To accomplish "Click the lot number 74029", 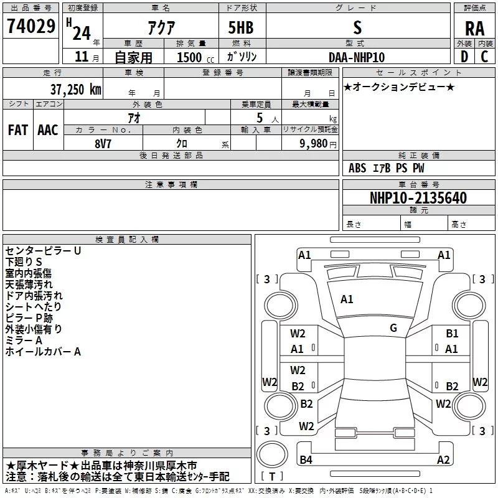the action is click(x=31, y=27).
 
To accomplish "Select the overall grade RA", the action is click(x=474, y=28).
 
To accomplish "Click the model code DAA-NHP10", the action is click(x=357, y=57).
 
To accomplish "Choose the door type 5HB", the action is click(x=241, y=28).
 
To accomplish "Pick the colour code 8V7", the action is click(x=103, y=143).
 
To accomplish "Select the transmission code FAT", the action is click(x=18, y=129).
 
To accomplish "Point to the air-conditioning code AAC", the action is click(x=48, y=129).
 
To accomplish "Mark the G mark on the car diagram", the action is click(x=393, y=328).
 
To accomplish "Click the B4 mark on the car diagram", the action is click(x=306, y=460).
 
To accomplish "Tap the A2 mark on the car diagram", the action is click(x=443, y=460).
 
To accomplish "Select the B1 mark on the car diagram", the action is click(x=452, y=334).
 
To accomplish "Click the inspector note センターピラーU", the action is click(x=43, y=251).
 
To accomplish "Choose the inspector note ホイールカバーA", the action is click(x=43, y=352).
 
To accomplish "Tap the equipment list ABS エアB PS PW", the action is click(x=386, y=168).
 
